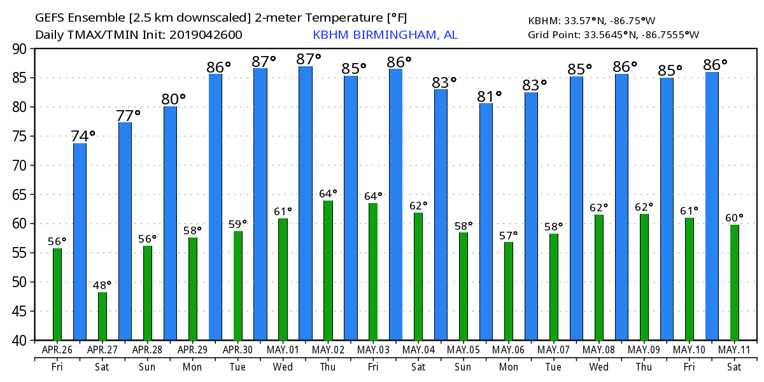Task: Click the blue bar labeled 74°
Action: coord(80,242)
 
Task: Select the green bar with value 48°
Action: coord(103,316)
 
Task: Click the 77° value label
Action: coord(128,116)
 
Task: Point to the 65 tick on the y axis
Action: coord(20,195)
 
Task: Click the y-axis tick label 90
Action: coord(20,49)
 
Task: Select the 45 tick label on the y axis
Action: coord(20,311)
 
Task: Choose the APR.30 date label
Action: coord(237,350)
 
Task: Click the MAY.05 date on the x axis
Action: coord(463,350)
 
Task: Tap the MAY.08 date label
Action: coord(599,350)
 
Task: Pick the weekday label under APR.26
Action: coord(57,367)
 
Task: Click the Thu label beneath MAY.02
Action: coord(328,367)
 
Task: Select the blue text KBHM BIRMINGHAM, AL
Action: coord(385,35)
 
